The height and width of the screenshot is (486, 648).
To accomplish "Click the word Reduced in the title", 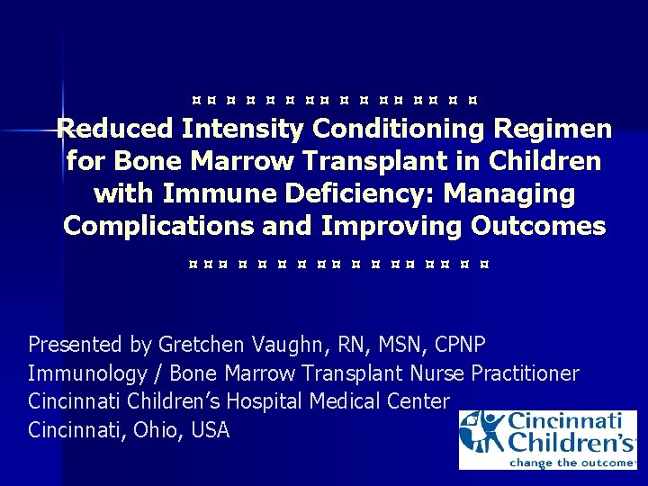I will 114,129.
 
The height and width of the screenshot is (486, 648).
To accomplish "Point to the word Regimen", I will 552,129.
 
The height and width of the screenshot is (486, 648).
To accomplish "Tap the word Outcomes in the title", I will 537,226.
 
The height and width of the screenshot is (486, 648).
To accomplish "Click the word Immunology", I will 86,373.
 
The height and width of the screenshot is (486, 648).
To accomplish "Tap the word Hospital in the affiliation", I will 262,401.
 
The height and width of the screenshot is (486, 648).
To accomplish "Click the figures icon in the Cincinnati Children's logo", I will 481,434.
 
